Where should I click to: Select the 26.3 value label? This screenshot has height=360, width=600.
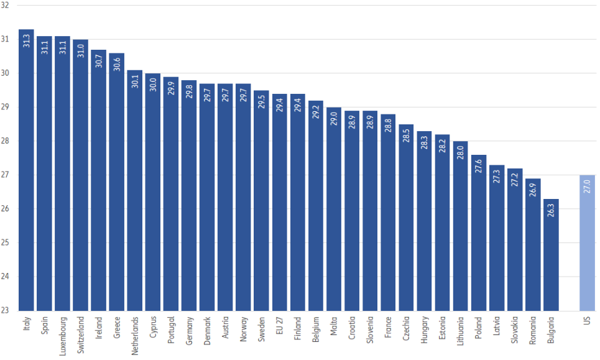[x=552, y=211]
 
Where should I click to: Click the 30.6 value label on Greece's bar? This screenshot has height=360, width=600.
[x=117, y=65]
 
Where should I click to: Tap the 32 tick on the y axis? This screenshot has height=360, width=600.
[x=6, y=6]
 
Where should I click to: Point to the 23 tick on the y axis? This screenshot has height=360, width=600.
[x=6, y=310]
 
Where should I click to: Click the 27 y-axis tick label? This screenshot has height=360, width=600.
[x=6, y=175]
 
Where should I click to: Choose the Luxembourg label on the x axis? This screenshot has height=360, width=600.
[x=63, y=335]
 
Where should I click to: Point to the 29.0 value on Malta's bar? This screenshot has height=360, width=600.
[x=335, y=119]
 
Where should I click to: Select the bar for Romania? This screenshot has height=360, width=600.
[x=533, y=249]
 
